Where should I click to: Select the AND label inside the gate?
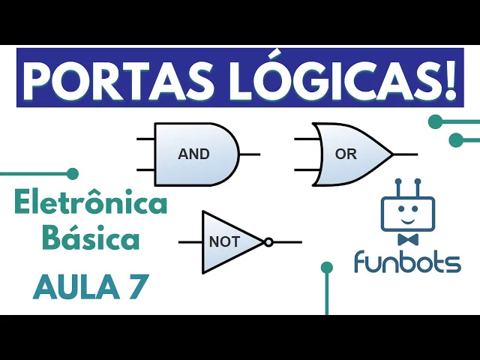click(193, 154)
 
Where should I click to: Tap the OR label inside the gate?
click(346, 154)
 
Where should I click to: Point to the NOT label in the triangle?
click(224, 242)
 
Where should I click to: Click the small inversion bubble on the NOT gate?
click(268, 242)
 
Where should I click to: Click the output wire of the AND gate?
click(250, 154)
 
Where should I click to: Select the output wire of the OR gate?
click(405, 154)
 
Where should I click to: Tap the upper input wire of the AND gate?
click(145, 139)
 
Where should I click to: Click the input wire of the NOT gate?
click(190, 242)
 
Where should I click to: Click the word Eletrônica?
click(91, 204)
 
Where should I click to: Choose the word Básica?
click(91, 241)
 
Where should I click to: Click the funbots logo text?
click(407, 262)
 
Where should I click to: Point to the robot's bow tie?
click(407, 240)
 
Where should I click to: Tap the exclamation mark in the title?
click(450, 78)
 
